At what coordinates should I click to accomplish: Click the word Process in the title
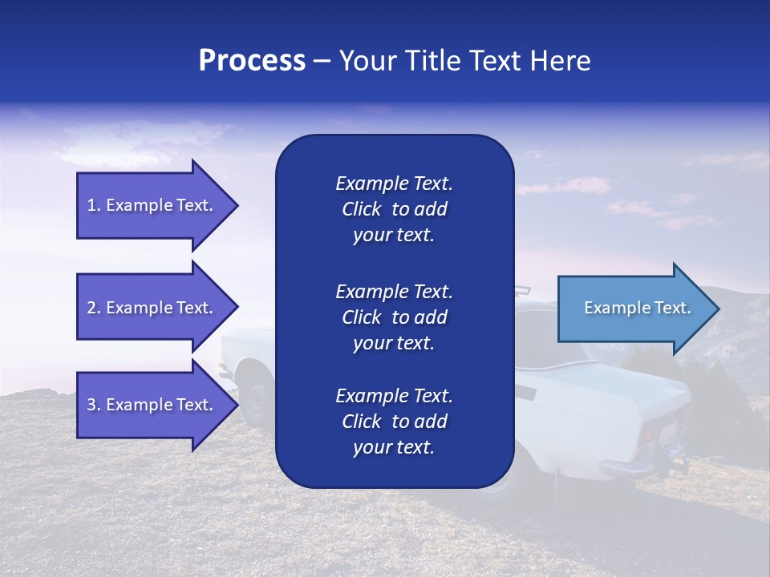[x=252, y=61]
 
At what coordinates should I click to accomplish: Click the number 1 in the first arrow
[x=91, y=205]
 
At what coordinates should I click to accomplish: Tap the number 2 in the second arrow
[x=91, y=308]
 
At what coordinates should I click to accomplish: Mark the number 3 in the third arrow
[x=91, y=405]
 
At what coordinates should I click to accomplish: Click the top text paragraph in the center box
[x=394, y=209]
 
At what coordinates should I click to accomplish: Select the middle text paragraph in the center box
[x=394, y=317]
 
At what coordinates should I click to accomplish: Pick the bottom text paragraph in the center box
[x=394, y=422]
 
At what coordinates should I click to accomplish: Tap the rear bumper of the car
[x=634, y=465]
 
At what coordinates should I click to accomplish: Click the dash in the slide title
[x=322, y=61]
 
